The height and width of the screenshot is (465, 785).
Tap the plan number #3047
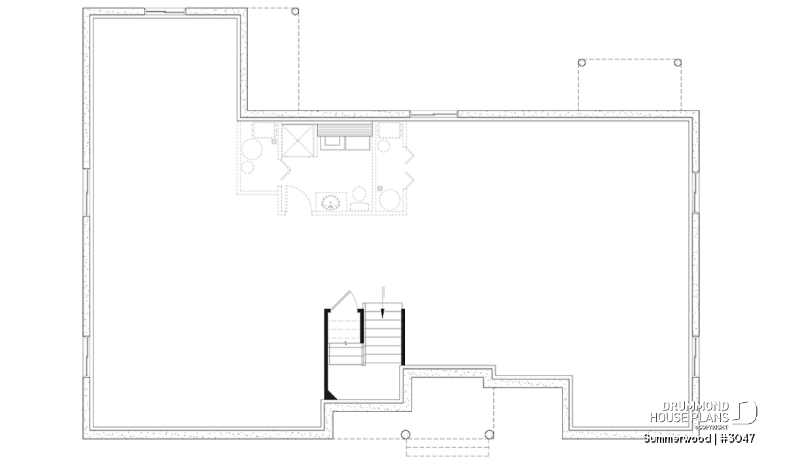738,439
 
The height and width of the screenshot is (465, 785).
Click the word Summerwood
677,439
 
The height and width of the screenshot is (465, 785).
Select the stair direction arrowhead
383,314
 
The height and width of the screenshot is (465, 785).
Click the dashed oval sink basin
330,203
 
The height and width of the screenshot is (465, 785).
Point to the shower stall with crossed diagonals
298,141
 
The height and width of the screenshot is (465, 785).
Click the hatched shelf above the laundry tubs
345,129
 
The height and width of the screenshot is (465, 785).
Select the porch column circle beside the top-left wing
296,12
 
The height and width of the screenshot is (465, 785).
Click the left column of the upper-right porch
582,63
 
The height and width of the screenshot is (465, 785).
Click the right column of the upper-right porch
678,63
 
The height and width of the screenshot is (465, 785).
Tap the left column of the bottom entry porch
406,434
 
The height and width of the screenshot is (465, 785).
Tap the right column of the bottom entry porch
489,434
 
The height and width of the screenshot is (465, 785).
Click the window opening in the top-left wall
165,12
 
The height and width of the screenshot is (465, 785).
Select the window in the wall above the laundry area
434,114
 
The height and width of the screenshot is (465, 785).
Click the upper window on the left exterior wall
86,192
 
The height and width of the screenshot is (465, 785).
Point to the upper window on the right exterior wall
696,192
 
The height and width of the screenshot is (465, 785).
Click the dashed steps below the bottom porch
447,447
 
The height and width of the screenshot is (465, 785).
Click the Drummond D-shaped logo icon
746,413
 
